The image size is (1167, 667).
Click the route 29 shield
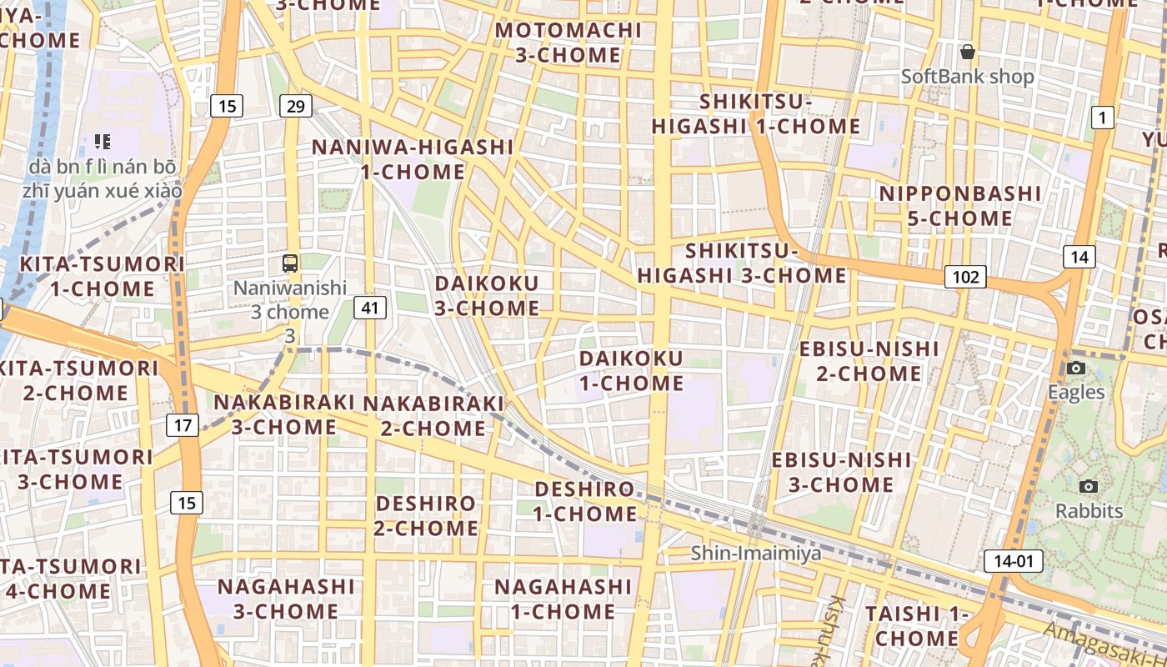point(296,106)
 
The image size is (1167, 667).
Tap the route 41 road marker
point(370,308)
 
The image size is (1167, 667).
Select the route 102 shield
point(965,277)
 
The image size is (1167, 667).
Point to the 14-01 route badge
point(1014,561)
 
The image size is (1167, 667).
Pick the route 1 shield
point(1102,118)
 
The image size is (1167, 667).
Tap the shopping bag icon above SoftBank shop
point(967,53)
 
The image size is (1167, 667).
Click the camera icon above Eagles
point(1075,368)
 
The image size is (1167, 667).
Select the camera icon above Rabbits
point(1088,486)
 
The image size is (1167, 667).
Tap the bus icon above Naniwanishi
point(290,263)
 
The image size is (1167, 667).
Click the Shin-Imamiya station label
point(756,553)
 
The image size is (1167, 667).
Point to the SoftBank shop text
point(967,77)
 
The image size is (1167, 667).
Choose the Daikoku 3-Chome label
point(487,295)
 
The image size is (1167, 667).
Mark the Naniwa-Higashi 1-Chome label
point(413,159)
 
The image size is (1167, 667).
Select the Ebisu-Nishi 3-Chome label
point(841,472)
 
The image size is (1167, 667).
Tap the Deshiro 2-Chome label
point(425,515)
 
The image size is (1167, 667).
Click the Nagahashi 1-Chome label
point(563,599)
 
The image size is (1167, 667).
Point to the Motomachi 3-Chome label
point(568,43)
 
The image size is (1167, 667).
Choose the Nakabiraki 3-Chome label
point(284,414)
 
